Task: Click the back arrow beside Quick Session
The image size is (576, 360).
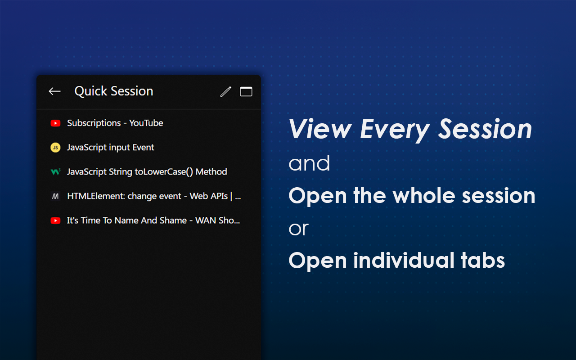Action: pos(54,91)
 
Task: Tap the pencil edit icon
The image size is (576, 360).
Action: pos(225,92)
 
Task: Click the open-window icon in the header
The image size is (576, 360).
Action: pos(246,92)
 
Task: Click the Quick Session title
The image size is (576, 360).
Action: pos(113,91)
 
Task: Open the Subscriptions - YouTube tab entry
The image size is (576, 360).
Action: pos(115,123)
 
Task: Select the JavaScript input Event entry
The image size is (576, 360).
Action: pos(110,147)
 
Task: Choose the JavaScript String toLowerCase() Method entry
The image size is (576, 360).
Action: pos(147,171)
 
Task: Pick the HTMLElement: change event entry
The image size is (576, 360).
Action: pos(153,196)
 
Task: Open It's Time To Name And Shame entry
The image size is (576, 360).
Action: pos(153,220)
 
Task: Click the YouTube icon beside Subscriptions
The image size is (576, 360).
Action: pos(55,123)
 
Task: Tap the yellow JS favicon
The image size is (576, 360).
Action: pos(55,148)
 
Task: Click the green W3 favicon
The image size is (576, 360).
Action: pos(55,172)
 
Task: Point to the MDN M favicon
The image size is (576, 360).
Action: pos(55,196)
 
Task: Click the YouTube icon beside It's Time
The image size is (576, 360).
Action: pos(55,220)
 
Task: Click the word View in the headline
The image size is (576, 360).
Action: pos(320,130)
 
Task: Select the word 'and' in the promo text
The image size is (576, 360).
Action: pos(309,163)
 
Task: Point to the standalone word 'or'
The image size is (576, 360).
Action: pos(298,229)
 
